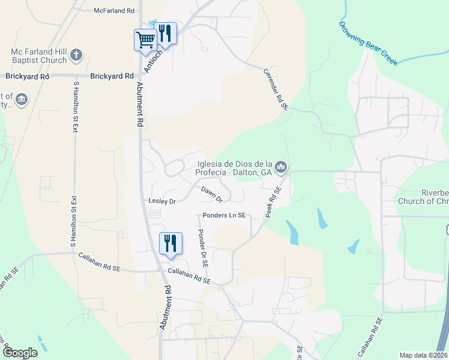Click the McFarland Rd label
tap(115, 11)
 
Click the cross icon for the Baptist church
tap(76, 56)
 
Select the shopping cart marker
tap(145, 40)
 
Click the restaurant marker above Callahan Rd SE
tap(170, 243)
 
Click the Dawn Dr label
tap(211, 194)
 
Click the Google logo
tap(20, 353)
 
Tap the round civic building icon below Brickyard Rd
tap(22, 98)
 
